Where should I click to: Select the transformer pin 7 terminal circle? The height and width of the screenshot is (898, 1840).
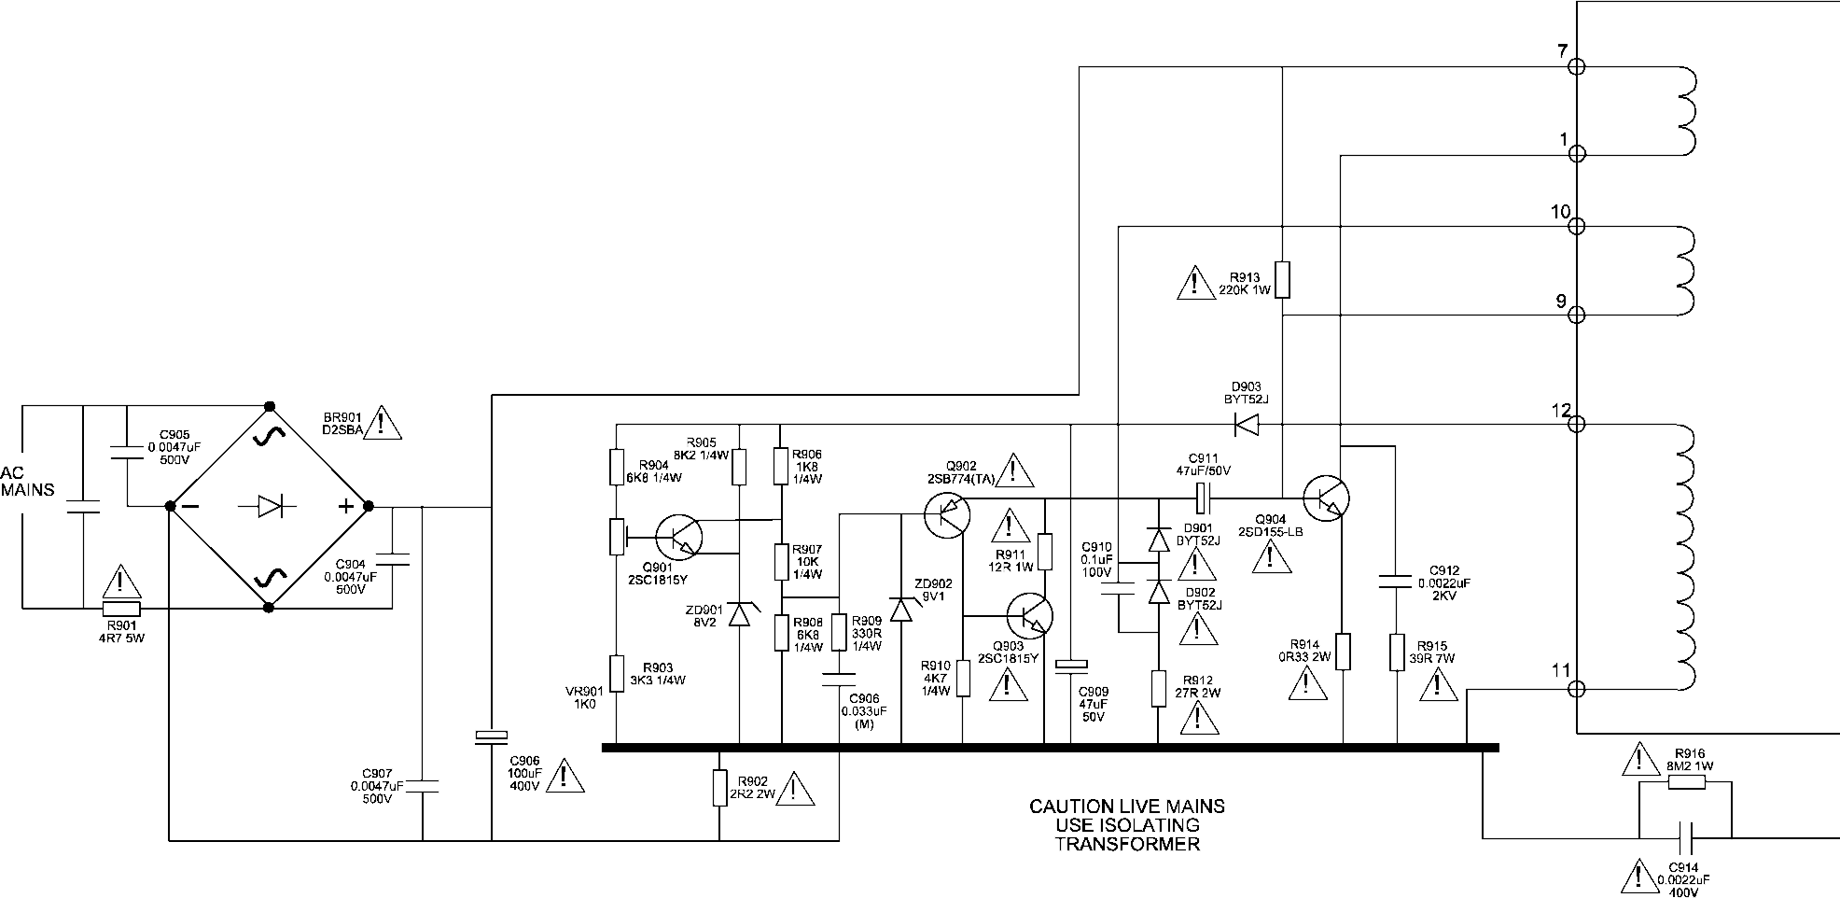point(1576,66)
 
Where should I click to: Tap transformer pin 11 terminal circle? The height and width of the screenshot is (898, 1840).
point(1576,690)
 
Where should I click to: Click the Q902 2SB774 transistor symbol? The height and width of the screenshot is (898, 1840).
point(948,514)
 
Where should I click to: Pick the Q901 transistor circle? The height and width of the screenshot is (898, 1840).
point(678,536)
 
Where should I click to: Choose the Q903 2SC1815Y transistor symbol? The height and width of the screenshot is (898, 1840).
point(1030,616)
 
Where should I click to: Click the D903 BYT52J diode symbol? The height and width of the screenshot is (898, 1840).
point(1246,425)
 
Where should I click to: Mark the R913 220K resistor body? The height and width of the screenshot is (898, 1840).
point(1282,279)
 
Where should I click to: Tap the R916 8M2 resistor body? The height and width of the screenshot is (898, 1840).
point(1686,781)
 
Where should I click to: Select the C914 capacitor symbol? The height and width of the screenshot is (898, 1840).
point(1686,837)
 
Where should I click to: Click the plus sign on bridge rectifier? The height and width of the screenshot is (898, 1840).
point(345,506)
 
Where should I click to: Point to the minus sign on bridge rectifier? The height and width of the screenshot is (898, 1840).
point(190,506)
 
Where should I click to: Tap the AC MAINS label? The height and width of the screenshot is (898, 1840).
point(28,481)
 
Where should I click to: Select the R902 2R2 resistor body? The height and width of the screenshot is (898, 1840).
point(719,787)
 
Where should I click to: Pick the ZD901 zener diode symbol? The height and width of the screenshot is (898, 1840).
point(739,614)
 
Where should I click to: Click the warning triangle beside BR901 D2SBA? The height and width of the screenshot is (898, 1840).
point(382,423)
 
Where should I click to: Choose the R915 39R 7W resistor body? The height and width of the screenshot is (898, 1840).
point(1397,652)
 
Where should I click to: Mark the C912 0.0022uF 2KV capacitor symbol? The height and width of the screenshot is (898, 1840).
point(1397,582)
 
